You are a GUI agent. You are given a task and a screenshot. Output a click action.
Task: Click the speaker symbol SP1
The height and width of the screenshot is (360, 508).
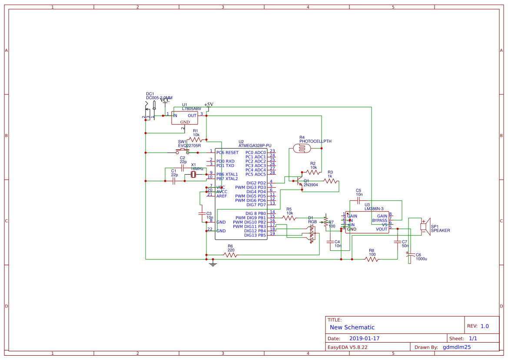(x=425, y=227)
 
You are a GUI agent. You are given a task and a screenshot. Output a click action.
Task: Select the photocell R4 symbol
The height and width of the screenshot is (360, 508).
(x=302, y=148)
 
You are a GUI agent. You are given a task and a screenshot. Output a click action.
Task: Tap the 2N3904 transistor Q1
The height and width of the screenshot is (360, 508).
(x=299, y=183)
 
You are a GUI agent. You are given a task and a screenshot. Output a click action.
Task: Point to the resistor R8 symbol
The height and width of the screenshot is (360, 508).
(x=372, y=259)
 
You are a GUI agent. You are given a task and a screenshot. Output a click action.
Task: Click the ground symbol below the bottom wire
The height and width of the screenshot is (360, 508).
(x=212, y=263)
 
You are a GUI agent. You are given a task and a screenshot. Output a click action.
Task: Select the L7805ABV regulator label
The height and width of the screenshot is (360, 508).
(x=191, y=108)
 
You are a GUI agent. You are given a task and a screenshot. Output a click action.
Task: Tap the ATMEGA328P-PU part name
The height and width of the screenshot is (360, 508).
(x=255, y=146)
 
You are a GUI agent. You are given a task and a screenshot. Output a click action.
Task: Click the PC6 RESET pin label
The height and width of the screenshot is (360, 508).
(x=227, y=153)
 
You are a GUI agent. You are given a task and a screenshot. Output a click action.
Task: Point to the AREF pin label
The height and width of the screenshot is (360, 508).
(x=222, y=196)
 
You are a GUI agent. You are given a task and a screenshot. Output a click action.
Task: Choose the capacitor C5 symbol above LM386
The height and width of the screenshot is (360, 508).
(x=359, y=201)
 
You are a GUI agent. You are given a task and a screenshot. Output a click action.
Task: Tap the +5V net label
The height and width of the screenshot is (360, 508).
(x=209, y=105)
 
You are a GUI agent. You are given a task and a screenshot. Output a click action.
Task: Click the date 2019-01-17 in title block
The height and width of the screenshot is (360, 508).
(x=364, y=338)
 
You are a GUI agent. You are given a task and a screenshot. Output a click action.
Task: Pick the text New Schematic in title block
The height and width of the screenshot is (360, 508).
(x=352, y=327)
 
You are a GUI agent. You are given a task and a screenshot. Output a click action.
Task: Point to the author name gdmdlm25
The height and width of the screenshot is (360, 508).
(x=457, y=347)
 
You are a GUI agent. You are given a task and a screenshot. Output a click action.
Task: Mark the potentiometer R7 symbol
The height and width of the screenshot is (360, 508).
(x=325, y=222)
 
